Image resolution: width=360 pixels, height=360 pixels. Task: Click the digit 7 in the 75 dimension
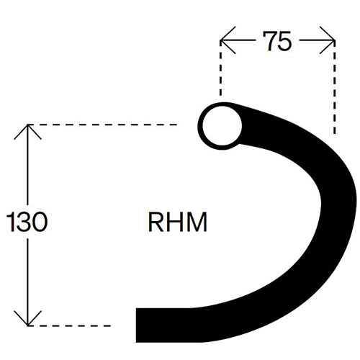(x=270, y=41)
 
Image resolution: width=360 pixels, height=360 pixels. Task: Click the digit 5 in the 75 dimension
(x=284, y=41)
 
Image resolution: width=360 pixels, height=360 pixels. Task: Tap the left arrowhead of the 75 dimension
(x=228, y=40)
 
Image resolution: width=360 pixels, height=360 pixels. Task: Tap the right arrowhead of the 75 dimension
(x=328, y=40)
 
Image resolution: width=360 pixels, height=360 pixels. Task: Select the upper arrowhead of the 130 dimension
(x=28, y=132)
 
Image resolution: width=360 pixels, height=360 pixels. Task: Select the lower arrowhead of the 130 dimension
(x=28, y=318)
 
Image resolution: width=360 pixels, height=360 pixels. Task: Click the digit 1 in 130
(x=11, y=222)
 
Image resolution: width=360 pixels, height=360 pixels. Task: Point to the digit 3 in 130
(x=24, y=222)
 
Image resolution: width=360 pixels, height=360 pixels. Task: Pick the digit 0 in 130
(x=40, y=222)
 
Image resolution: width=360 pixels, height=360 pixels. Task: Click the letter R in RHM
(x=156, y=222)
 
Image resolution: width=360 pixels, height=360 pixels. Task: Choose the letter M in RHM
(x=197, y=222)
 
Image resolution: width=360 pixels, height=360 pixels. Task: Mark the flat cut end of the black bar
(x=136, y=325)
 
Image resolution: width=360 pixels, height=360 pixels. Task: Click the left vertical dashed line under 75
(x=220, y=68)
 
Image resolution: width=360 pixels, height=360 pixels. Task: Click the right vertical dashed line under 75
(x=335, y=87)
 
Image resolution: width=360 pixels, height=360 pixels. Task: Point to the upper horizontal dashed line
(x=102, y=125)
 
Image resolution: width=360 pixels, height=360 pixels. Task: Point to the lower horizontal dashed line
(x=69, y=325)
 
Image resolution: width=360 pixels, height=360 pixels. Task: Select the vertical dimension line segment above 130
(x=28, y=165)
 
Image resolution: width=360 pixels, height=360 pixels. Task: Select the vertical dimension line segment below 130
(x=28, y=282)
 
